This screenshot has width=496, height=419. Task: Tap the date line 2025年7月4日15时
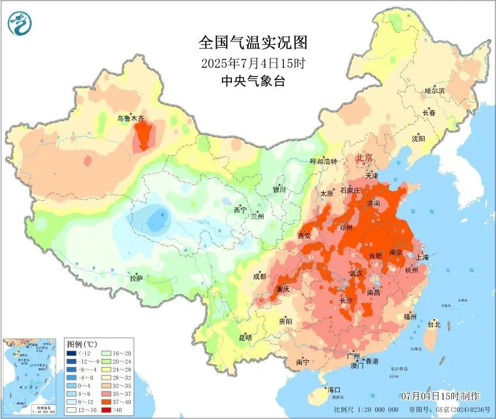coord(252,62)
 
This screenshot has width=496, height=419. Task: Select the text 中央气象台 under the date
coord(252,82)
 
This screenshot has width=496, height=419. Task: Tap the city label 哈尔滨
coord(435,91)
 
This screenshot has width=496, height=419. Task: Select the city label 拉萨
coord(137,278)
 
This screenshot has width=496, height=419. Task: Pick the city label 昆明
coord(245,338)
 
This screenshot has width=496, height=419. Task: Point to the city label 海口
coord(334,390)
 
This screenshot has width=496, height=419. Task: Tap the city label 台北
coord(434,324)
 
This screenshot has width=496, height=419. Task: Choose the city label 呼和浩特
coord(323,161)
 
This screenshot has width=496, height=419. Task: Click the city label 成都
coord(259,277)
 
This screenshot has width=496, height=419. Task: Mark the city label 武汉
coord(356,273)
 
